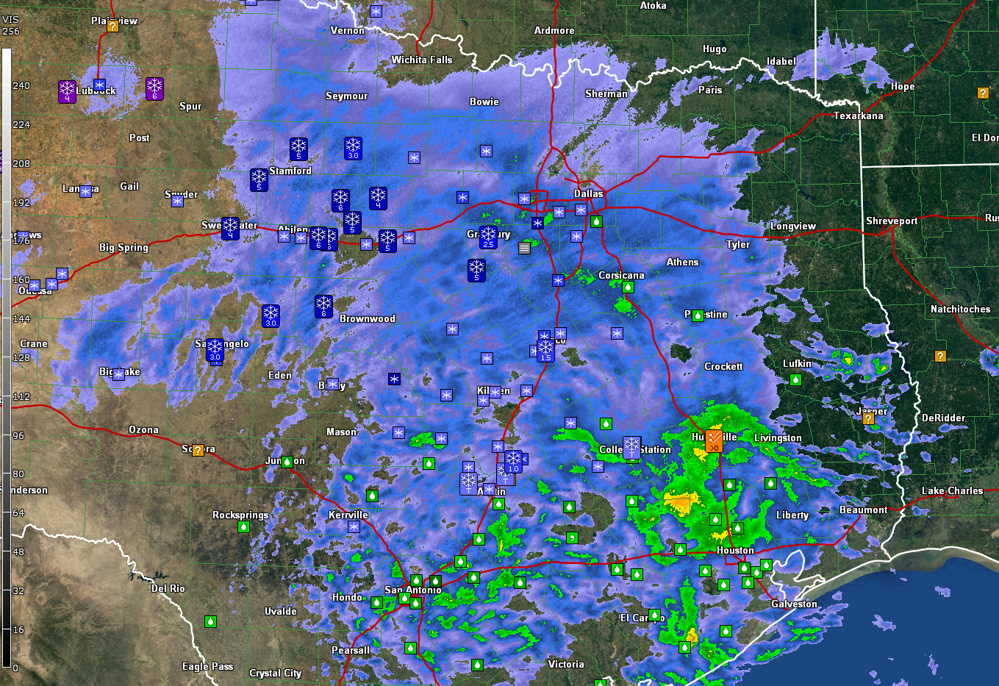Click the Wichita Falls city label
[422, 60]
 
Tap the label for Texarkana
[858, 115]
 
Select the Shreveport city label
[892, 221]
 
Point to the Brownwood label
[367, 318]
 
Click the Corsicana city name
[621, 275]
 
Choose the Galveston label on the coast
[794, 604]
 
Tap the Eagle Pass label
[207, 666]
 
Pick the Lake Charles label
[952, 490]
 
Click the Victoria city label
[566, 664]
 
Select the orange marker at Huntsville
[714, 440]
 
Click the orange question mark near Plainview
[112, 26]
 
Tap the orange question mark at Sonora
[198, 450]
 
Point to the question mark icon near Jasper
[868, 418]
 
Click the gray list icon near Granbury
[524, 248]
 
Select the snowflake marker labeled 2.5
[488, 237]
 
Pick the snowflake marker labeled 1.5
[545, 350]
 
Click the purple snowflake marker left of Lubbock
[67, 91]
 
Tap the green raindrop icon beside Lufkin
[795, 379]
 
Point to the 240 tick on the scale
[21, 85]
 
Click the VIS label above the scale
[11, 20]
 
